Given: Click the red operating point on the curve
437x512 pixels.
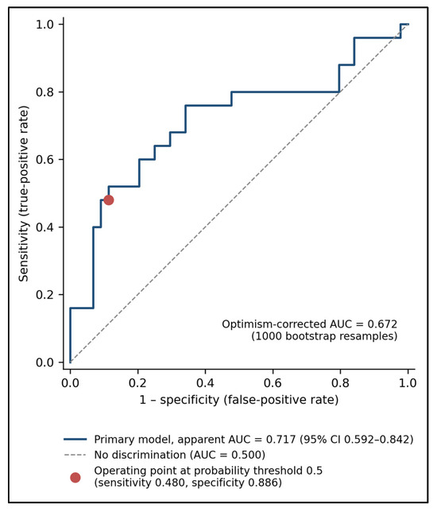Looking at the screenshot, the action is [109, 200].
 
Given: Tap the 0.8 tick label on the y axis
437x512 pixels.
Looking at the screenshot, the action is [45, 92].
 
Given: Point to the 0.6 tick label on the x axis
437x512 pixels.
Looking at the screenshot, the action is [273, 382].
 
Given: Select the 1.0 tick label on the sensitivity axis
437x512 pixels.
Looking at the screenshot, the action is [45, 25].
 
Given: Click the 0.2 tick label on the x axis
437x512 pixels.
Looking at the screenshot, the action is [137, 382].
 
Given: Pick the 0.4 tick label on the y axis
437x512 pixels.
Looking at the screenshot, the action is [45, 227].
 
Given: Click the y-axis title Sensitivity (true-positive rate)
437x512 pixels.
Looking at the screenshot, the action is [24, 193].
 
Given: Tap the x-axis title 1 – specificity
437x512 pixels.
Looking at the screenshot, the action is [180, 400].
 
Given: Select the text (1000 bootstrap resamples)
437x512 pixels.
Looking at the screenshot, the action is [324, 336].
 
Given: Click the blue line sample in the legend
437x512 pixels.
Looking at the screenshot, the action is [75, 440].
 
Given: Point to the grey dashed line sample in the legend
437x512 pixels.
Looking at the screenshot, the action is [75, 455].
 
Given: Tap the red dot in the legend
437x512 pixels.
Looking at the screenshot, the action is [75, 477].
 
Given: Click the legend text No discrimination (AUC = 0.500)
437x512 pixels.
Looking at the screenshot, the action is [180, 455].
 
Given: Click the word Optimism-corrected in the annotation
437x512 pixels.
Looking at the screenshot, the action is [274, 324].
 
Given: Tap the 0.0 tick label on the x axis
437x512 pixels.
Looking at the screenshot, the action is [70, 382].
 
